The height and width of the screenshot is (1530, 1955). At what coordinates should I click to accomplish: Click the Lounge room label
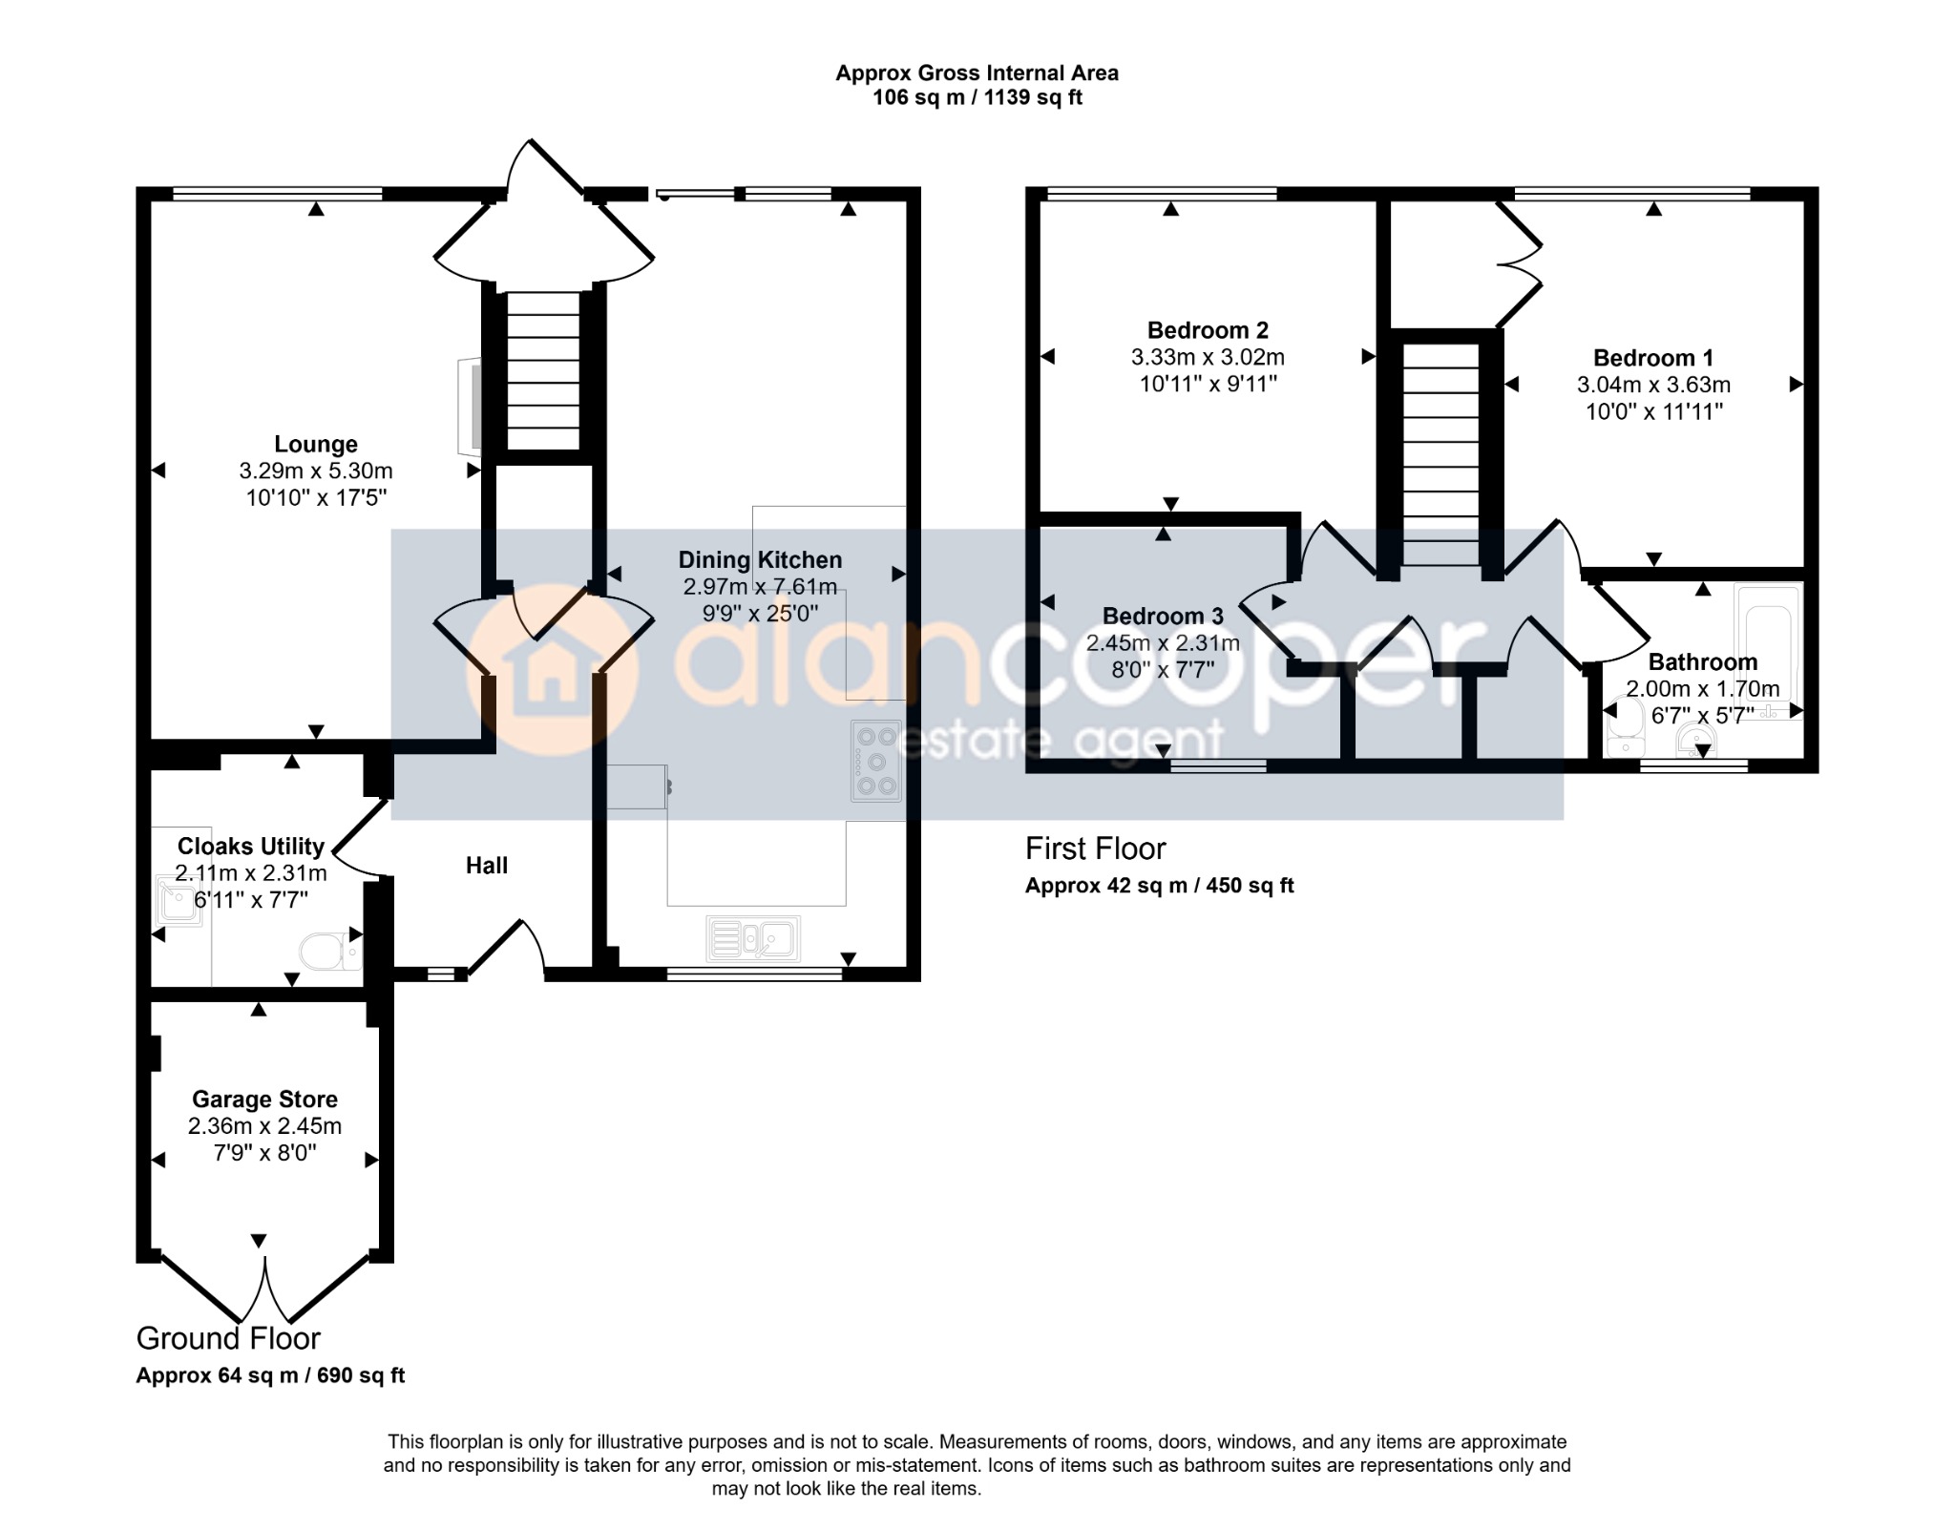(x=316, y=444)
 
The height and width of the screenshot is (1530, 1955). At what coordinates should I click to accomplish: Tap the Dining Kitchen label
(x=760, y=560)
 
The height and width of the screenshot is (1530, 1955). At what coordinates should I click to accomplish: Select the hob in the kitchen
(x=876, y=761)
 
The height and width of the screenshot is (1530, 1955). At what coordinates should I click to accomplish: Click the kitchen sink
(x=753, y=938)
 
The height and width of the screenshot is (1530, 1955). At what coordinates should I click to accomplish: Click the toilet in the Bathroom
(x=1622, y=730)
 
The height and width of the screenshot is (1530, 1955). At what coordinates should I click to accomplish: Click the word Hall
(x=487, y=866)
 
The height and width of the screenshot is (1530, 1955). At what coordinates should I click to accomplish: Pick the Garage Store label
(x=264, y=1100)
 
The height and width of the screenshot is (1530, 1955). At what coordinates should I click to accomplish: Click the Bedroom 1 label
(x=1653, y=358)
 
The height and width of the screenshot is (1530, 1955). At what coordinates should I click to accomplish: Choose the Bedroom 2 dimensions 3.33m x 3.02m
(x=1208, y=357)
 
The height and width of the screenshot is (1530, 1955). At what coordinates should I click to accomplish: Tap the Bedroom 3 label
(x=1163, y=616)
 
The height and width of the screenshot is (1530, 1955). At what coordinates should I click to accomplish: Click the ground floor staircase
(x=542, y=371)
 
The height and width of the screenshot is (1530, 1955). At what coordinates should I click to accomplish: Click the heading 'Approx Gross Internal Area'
(x=977, y=73)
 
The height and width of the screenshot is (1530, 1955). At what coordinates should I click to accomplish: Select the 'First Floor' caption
(x=1096, y=849)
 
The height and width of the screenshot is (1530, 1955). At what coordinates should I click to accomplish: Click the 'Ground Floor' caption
(x=228, y=1338)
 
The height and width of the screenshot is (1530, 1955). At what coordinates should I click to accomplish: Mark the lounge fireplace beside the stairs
(x=470, y=408)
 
